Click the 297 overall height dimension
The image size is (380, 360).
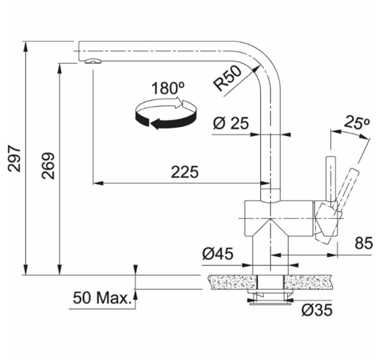click(x=14, y=158)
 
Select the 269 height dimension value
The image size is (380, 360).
click(x=48, y=166)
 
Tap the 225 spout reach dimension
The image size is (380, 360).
click(x=185, y=172)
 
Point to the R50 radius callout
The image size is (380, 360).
click(x=227, y=78)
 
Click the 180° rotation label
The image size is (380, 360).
click(x=168, y=88)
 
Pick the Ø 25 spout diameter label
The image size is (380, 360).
click(x=231, y=123)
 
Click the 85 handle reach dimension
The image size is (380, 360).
click(x=364, y=243)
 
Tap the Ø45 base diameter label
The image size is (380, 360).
click(x=218, y=253)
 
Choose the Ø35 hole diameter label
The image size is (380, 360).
click(x=317, y=310)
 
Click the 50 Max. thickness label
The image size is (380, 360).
click(x=102, y=298)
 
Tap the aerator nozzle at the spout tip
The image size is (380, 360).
click(x=93, y=61)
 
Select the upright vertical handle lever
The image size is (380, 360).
click(x=331, y=179)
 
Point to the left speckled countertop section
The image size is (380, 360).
click(x=233, y=282)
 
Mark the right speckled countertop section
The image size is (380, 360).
click(x=308, y=282)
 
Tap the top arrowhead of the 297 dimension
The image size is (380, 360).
click(x=26, y=46)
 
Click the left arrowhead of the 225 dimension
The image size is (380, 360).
click(x=98, y=183)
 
